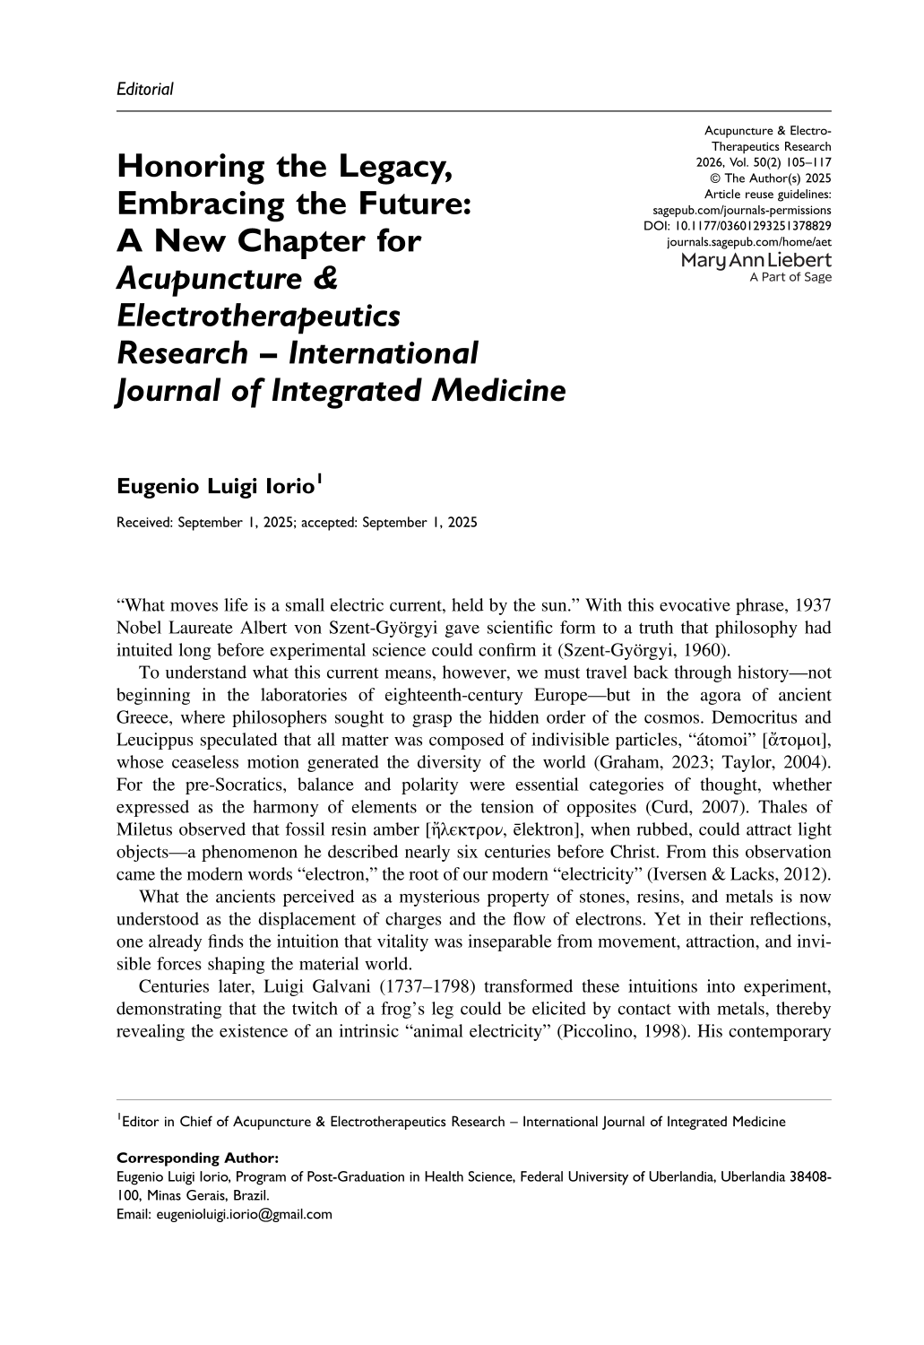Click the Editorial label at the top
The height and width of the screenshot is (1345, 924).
pos(144,88)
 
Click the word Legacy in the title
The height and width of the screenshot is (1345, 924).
pos(392,167)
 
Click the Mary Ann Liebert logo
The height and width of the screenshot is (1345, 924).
pos(756,261)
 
